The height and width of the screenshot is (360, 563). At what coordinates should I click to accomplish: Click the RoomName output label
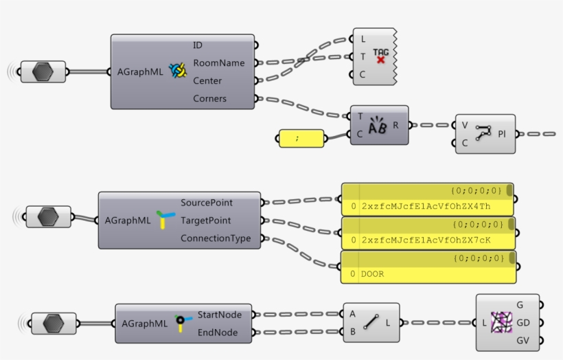point(218,63)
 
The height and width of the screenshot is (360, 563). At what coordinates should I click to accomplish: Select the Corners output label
point(209,99)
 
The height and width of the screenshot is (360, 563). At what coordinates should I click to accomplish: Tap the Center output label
point(207,81)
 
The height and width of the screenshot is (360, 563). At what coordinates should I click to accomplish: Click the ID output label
point(198,45)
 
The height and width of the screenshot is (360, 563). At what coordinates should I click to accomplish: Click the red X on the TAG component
point(380,60)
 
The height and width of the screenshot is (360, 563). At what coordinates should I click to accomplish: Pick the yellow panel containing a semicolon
point(301,138)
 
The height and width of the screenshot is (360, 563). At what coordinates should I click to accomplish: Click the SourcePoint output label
point(207,203)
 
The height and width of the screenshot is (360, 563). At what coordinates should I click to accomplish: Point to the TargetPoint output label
point(206,221)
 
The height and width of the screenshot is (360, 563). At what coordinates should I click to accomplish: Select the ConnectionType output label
point(216,239)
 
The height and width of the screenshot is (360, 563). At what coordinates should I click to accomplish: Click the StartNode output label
point(220,315)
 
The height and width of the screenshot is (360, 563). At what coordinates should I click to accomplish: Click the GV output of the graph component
point(522,340)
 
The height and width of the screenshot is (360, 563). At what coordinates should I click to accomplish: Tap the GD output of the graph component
point(522,322)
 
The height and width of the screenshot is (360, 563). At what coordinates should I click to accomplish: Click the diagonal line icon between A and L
point(371,322)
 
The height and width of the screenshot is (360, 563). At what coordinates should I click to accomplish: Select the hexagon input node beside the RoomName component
point(43,71)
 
